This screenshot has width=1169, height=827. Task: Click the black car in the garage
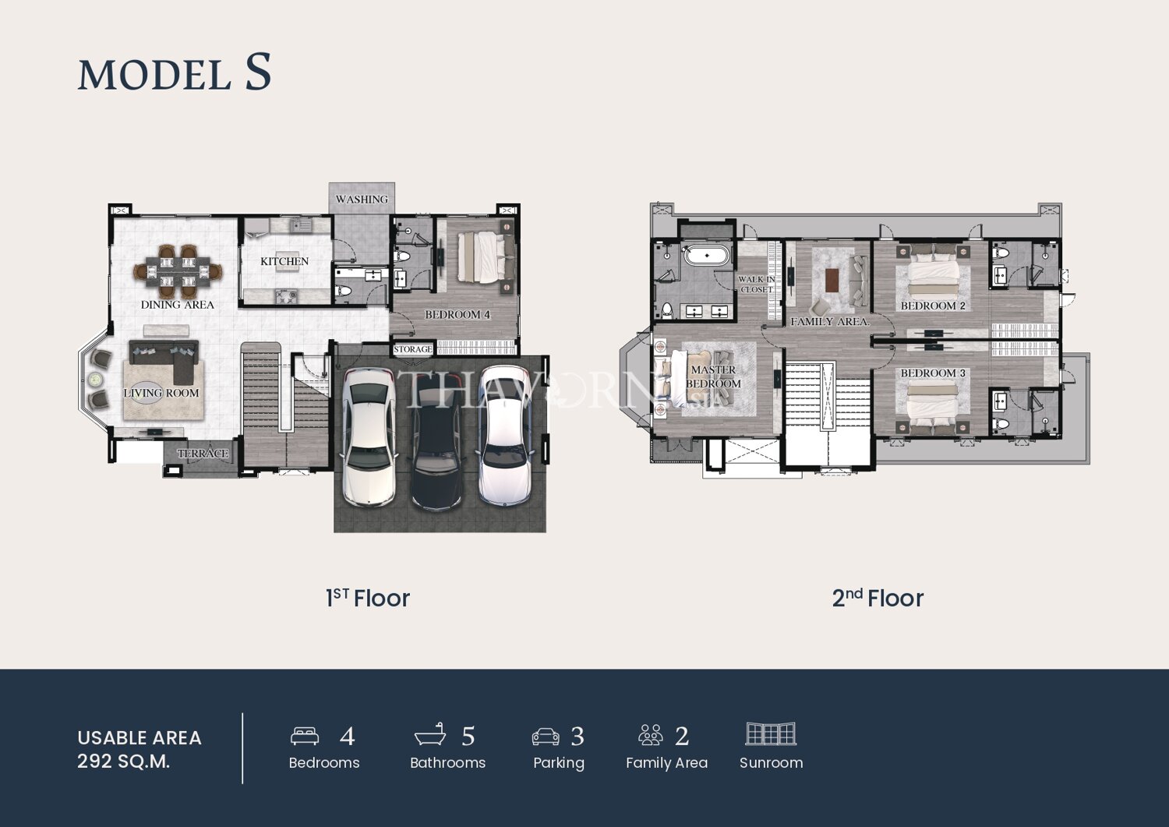point(436,440)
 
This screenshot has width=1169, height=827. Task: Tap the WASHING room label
point(362,200)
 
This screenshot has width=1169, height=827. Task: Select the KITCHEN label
point(284,261)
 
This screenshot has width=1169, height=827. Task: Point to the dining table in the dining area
point(178,271)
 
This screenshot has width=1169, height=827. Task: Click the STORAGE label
point(413,349)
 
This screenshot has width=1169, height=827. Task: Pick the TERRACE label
point(203,453)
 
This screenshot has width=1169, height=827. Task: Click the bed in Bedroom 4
point(486,257)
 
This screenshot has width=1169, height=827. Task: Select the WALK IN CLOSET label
point(756,285)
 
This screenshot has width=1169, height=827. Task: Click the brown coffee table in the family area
point(833,279)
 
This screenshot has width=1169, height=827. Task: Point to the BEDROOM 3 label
point(933,373)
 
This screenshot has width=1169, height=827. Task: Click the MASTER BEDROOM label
point(713,376)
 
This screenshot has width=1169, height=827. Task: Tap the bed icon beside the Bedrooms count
point(305,735)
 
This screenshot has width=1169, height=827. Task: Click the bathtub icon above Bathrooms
point(430,734)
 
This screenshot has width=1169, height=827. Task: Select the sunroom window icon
point(771,733)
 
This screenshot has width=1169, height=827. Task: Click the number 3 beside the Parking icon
point(577,736)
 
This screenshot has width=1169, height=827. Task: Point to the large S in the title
point(258,72)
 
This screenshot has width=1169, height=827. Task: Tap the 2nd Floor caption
point(878,598)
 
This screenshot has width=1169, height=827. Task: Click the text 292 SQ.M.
point(124,762)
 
